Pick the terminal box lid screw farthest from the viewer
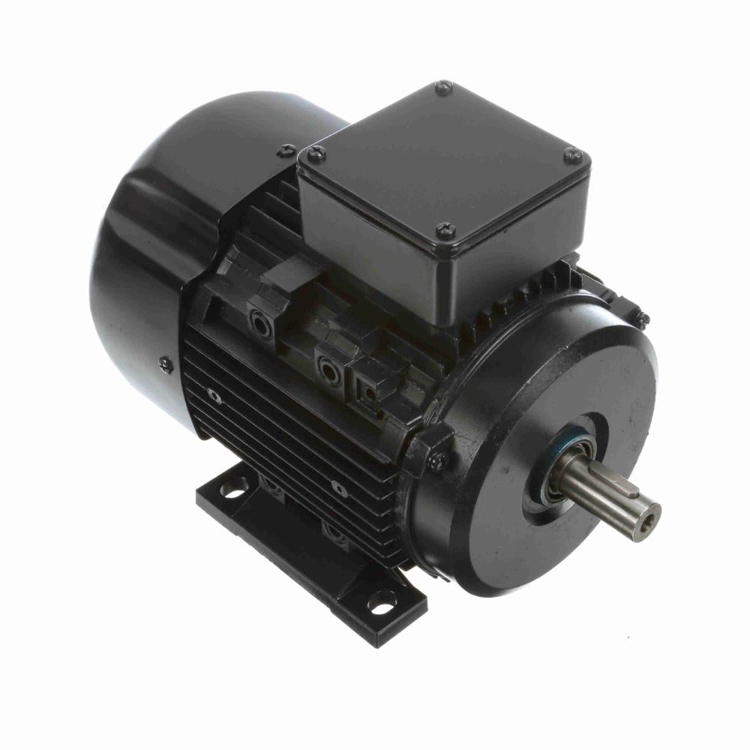(443, 88)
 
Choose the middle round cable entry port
(326, 367)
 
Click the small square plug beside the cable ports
(368, 390)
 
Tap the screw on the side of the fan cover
(165, 365)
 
